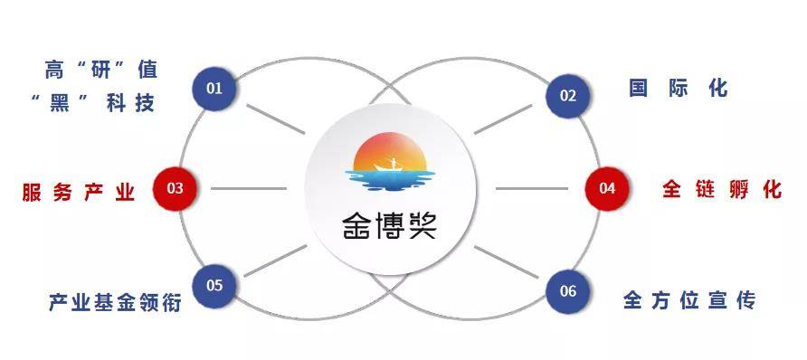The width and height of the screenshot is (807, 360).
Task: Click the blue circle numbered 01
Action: click(214, 89)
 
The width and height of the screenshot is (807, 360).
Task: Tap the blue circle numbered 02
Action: click(567, 96)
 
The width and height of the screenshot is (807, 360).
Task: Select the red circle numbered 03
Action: click(175, 188)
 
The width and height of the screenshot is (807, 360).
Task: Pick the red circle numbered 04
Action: click(607, 188)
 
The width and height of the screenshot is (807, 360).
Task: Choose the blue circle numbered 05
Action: click(214, 286)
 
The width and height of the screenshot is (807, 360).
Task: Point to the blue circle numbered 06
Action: click(567, 291)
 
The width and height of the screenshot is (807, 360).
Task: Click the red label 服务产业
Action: click(78, 192)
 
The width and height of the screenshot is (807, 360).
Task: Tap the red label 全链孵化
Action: click(722, 189)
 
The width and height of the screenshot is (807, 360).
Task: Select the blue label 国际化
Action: click(679, 89)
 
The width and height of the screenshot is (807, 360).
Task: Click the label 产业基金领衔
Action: click(115, 302)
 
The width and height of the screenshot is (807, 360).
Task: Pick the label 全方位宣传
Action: click(689, 299)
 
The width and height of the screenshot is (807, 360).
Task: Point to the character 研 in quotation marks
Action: click(101, 70)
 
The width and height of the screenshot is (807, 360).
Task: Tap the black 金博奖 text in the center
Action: click(390, 226)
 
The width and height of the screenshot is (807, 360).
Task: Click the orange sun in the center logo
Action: click(390, 152)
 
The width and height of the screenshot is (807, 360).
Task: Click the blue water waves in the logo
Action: click(390, 180)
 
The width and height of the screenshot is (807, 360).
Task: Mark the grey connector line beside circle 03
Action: click(249, 189)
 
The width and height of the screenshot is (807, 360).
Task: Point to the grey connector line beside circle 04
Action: click(532, 189)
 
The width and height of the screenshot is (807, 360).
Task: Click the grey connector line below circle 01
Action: click(275, 119)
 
